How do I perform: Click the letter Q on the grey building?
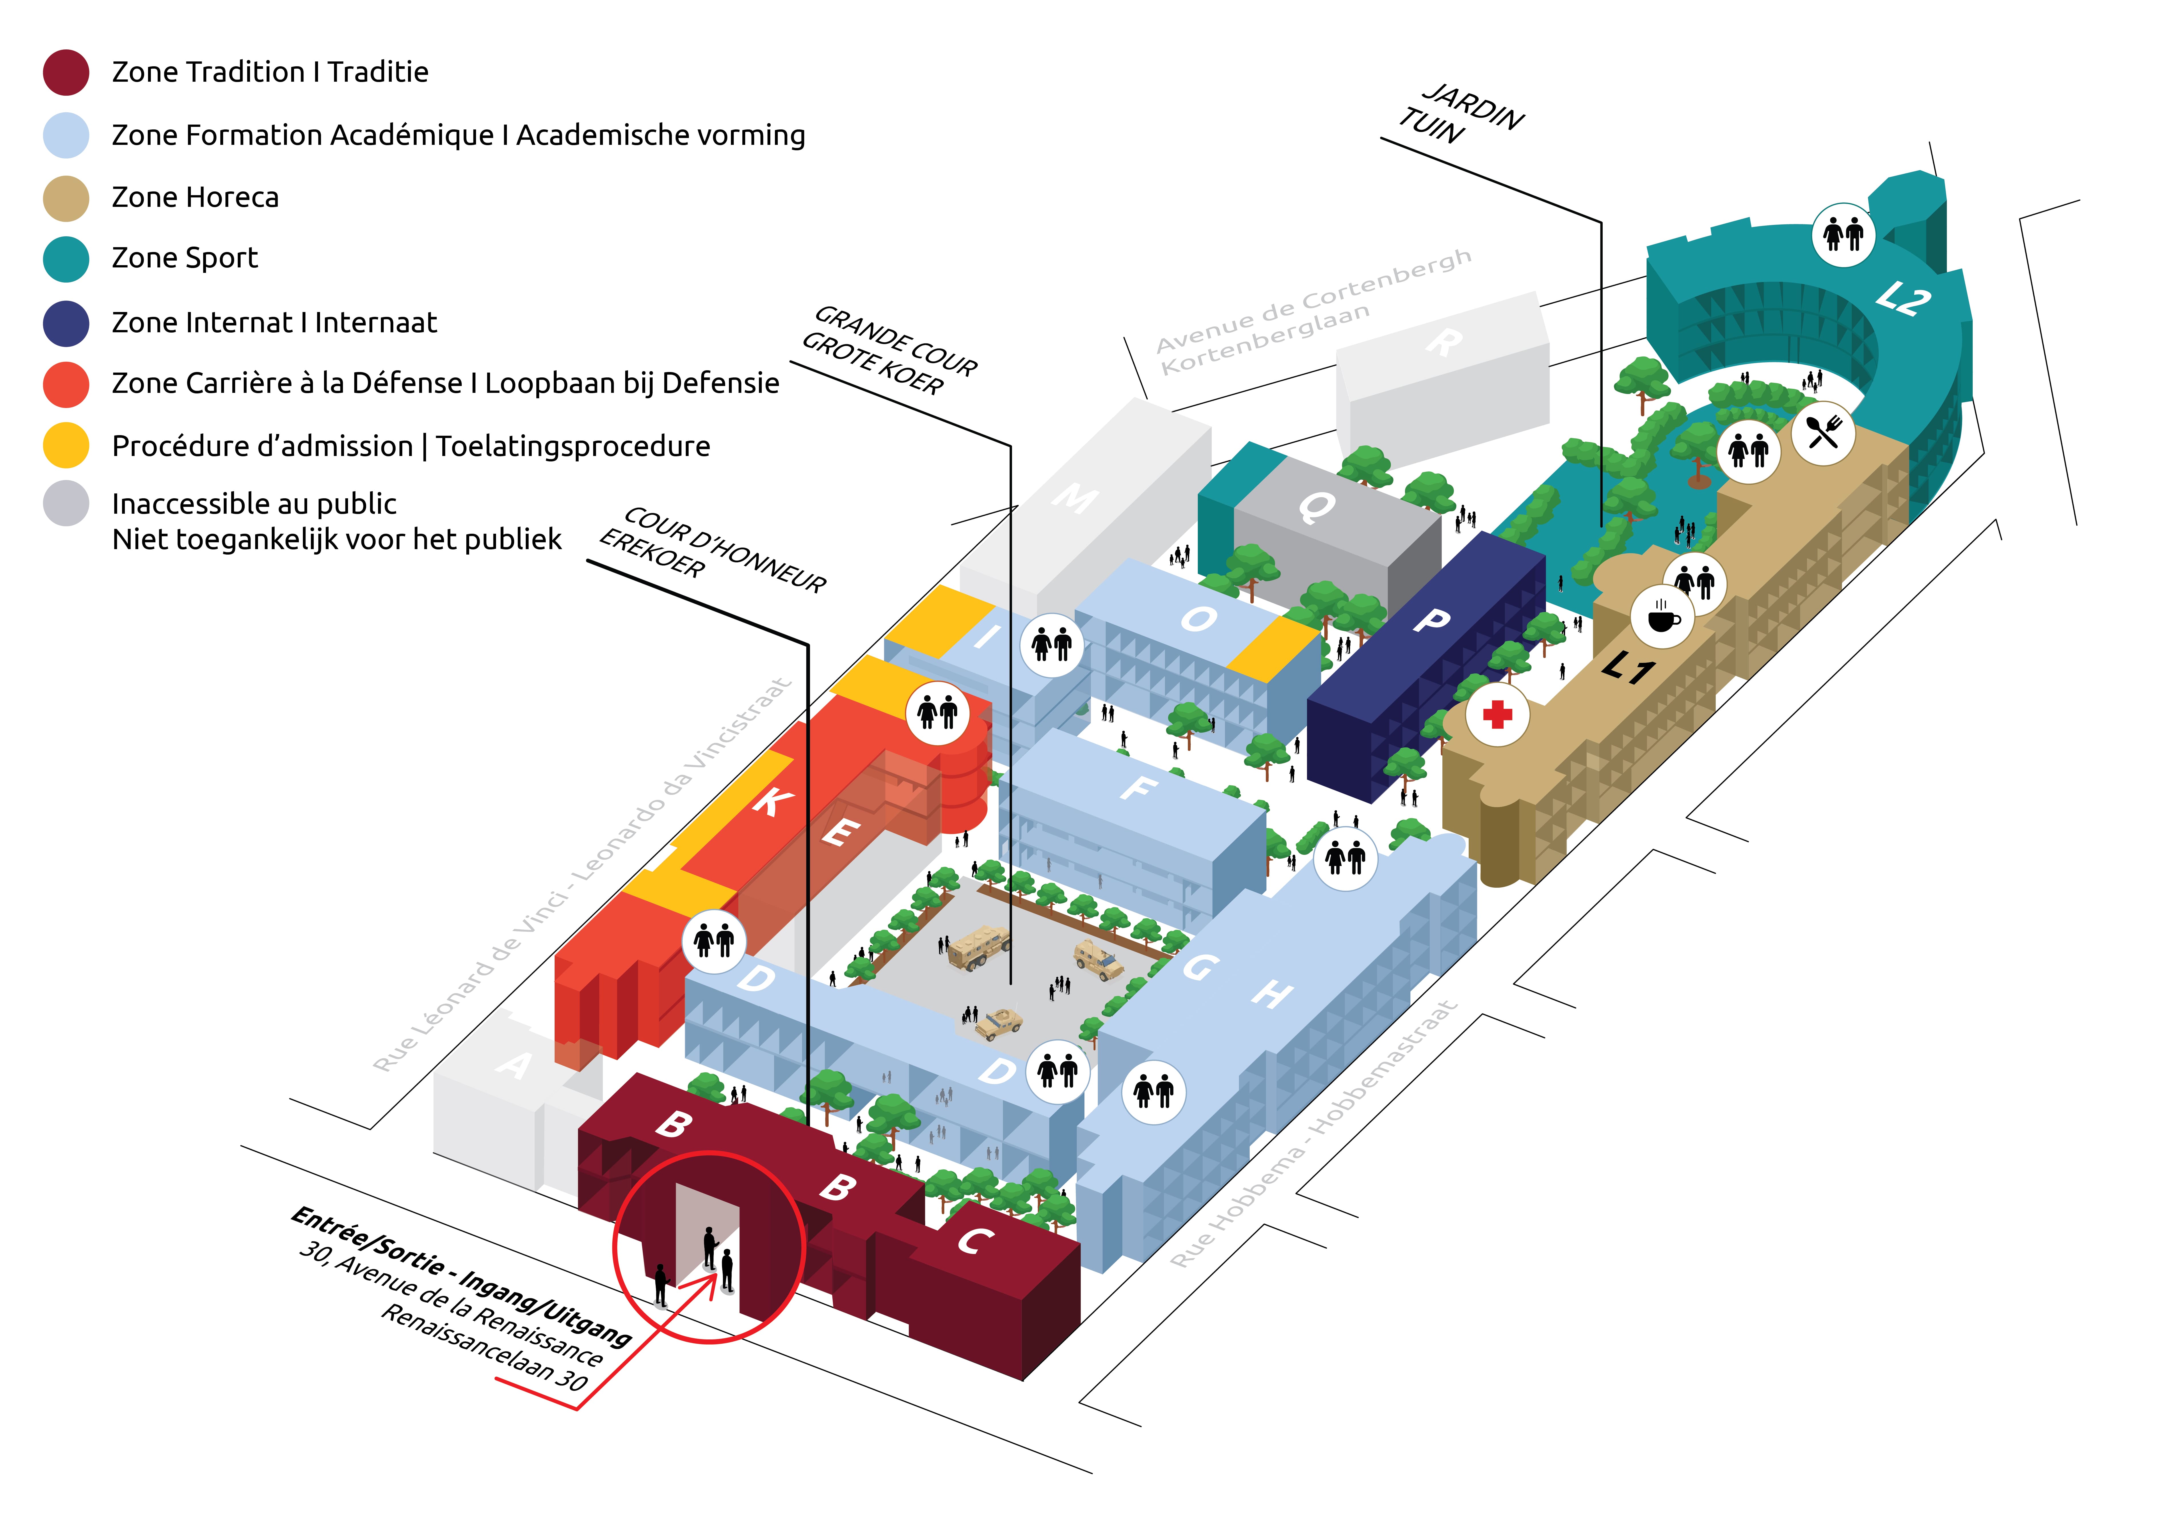(x=1316, y=507)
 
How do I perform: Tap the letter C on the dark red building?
(x=975, y=1241)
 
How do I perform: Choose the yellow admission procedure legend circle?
(x=66, y=445)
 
